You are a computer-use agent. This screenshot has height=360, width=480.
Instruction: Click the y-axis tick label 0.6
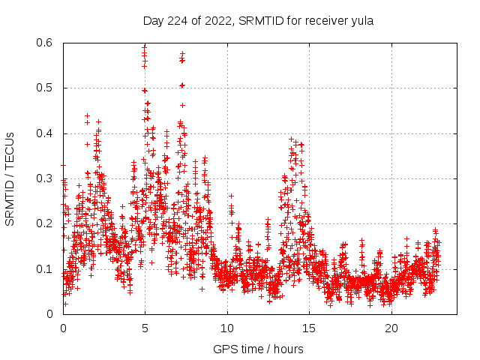(46, 43)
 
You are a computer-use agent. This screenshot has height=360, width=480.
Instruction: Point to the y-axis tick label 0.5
(46, 88)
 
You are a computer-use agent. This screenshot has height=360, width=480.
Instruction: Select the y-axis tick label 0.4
(46, 133)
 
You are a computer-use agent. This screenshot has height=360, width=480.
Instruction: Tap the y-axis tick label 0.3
(46, 179)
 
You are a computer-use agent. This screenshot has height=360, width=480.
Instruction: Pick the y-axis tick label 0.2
(46, 224)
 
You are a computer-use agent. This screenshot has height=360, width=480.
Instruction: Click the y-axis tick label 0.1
(46, 269)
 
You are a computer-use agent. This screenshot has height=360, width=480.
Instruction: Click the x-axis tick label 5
(145, 328)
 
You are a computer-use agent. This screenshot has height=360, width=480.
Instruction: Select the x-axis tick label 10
(227, 328)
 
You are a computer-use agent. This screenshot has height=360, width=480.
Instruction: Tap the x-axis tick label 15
(310, 328)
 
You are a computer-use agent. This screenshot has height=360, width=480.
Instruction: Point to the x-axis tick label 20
(391, 328)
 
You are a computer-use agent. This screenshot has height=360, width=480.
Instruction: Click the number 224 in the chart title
(176, 21)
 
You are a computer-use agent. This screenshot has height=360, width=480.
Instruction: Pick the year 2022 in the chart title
(215, 21)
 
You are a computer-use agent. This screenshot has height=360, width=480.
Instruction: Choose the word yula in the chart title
(361, 21)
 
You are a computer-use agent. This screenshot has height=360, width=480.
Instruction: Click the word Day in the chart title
(154, 21)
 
